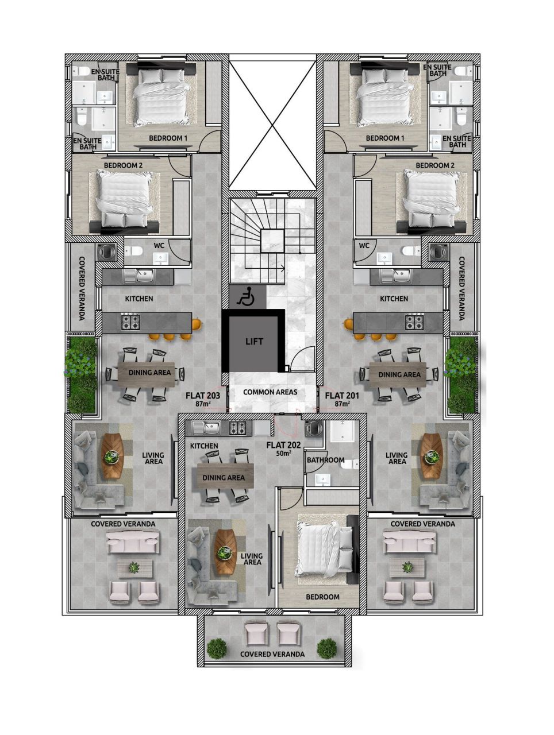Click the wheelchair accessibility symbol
(x=247, y=296)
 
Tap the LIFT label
(x=254, y=341)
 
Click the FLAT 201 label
(x=343, y=396)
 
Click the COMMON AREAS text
(x=270, y=392)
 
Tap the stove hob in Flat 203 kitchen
(x=130, y=322)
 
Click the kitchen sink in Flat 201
(x=400, y=276)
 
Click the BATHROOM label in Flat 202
(x=325, y=460)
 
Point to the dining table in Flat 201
(x=399, y=375)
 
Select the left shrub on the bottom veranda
(x=217, y=649)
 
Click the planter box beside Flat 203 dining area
(x=80, y=374)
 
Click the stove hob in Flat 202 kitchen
(x=238, y=428)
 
